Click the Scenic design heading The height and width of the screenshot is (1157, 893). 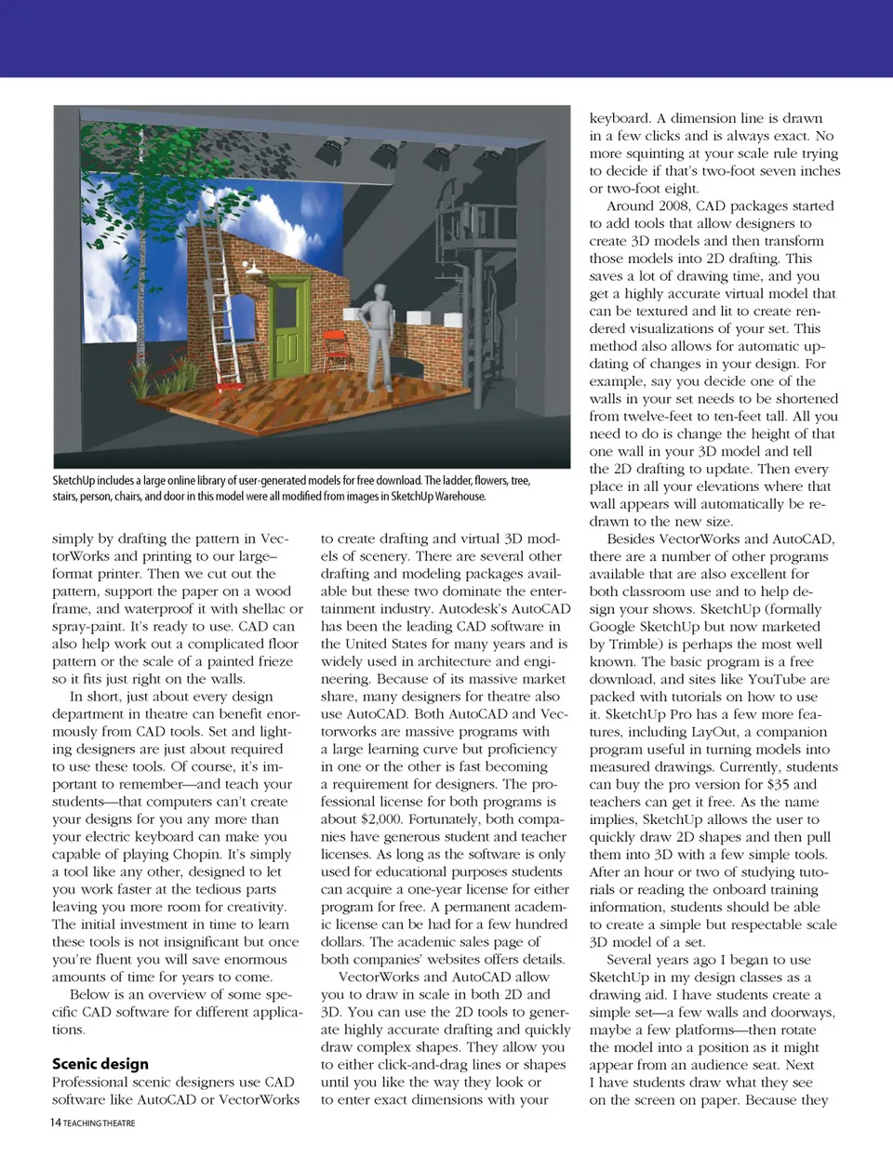click(x=100, y=1064)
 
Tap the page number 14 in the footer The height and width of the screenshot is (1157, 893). click(x=56, y=1123)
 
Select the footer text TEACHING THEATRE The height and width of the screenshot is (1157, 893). click(x=100, y=1124)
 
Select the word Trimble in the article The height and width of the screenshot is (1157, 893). click(x=625, y=644)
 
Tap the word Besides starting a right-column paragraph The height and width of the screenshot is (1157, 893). click(x=636, y=539)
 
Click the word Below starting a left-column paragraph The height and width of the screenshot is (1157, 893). click(x=90, y=994)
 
